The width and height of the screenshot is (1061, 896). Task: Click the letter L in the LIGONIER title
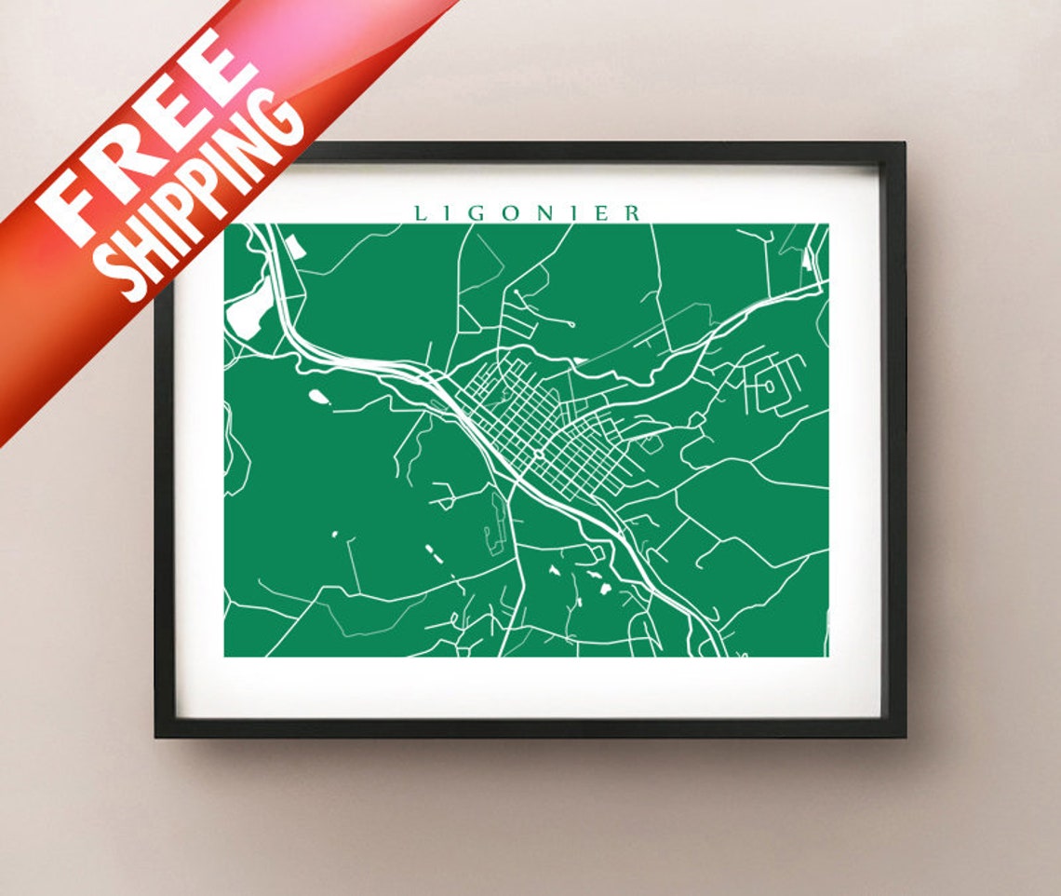[x=420, y=213]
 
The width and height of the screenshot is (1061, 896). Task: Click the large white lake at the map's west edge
[x=248, y=307]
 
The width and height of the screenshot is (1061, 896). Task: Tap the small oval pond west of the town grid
[x=318, y=398]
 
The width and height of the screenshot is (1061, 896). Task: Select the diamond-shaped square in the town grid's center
[x=538, y=454]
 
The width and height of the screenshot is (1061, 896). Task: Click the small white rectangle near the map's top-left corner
[x=294, y=246]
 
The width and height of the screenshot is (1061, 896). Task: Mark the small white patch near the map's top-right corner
[x=806, y=264]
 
